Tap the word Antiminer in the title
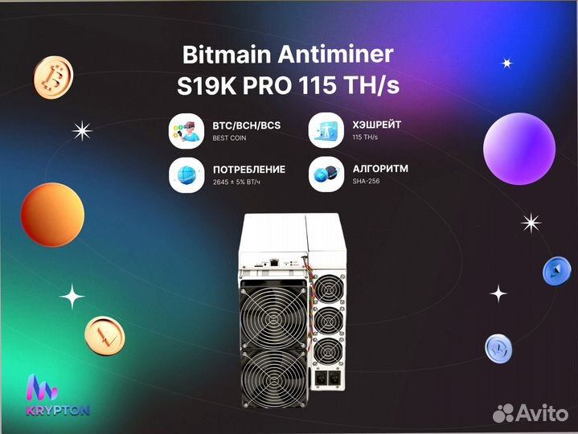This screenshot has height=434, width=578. (x=335, y=55)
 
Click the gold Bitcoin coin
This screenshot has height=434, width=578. (x=53, y=77)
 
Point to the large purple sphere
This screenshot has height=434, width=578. (x=519, y=149)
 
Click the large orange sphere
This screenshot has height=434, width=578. (x=53, y=215)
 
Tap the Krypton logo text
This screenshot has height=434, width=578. (x=58, y=411)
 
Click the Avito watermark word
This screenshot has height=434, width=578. (x=542, y=413)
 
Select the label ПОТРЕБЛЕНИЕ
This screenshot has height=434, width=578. (x=249, y=170)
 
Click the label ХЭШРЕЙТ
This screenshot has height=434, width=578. (x=377, y=125)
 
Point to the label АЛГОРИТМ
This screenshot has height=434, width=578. (x=380, y=169)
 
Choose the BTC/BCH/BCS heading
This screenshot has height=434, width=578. (x=247, y=125)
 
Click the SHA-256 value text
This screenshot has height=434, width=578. (x=366, y=182)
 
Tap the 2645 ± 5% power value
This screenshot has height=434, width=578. (x=236, y=182)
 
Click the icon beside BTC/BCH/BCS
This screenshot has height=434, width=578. (x=187, y=131)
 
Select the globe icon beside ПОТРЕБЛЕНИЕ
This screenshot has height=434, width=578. (x=187, y=175)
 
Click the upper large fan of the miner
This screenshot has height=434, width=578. (x=273, y=317)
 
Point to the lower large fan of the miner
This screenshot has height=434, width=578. (x=274, y=378)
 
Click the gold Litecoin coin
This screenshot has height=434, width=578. (x=105, y=336)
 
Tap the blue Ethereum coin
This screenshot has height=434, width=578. (x=556, y=271)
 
